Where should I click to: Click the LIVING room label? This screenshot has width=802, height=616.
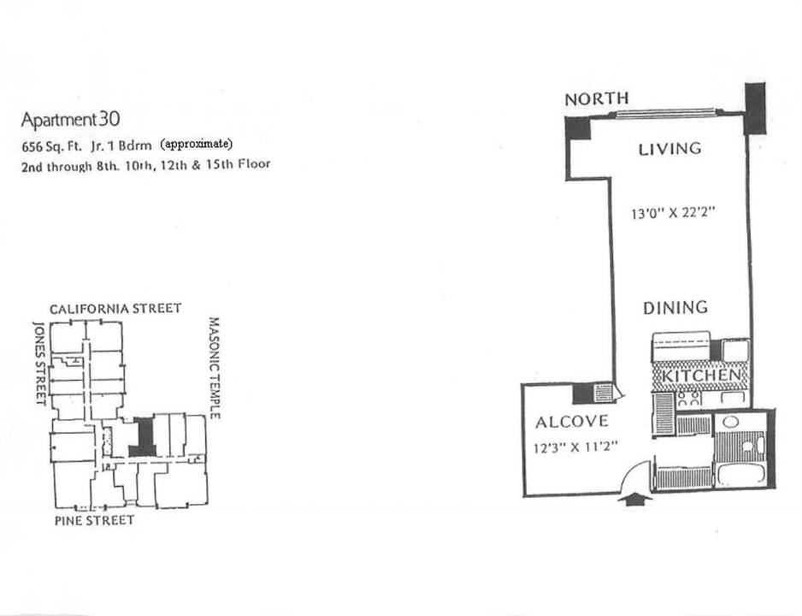click(x=669, y=149)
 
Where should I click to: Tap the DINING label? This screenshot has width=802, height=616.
click(x=675, y=307)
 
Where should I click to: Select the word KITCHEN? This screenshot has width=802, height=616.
click(x=701, y=375)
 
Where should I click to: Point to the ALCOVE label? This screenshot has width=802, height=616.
click(x=572, y=422)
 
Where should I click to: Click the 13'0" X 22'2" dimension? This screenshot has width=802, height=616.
click(x=673, y=212)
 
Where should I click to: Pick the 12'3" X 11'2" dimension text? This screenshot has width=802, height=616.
click(x=576, y=447)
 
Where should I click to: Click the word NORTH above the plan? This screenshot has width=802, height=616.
click(x=597, y=98)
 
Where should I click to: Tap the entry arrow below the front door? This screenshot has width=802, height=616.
click(x=634, y=500)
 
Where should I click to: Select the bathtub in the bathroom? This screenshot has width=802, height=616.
click(x=740, y=476)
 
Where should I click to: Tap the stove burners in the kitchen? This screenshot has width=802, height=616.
click(x=688, y=399)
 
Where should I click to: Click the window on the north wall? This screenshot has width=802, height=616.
click(x=665, y=114)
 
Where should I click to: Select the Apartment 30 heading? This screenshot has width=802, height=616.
click(x=71, y=120)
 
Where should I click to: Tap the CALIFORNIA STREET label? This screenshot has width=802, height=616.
click(x=115, y=309)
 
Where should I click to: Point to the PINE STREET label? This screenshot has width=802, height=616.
click(x=95, y=520)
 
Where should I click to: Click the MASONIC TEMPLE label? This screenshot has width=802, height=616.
click(x=215, y=369)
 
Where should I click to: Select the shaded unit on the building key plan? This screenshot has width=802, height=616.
click(x=144, y=436)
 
